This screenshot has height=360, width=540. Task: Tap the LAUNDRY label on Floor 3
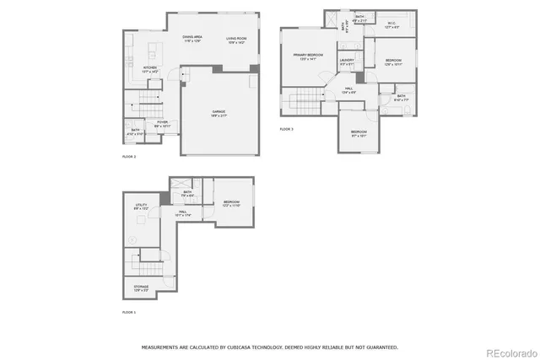pos(347,61)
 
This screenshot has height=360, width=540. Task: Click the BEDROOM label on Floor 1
pos(232,202)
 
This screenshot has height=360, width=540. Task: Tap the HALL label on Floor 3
pos(348,90)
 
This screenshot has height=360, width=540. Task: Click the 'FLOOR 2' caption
pos(129,157)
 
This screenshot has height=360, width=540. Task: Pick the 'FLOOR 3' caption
pos(287,129)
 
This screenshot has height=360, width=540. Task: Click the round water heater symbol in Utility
pos(132,240)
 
